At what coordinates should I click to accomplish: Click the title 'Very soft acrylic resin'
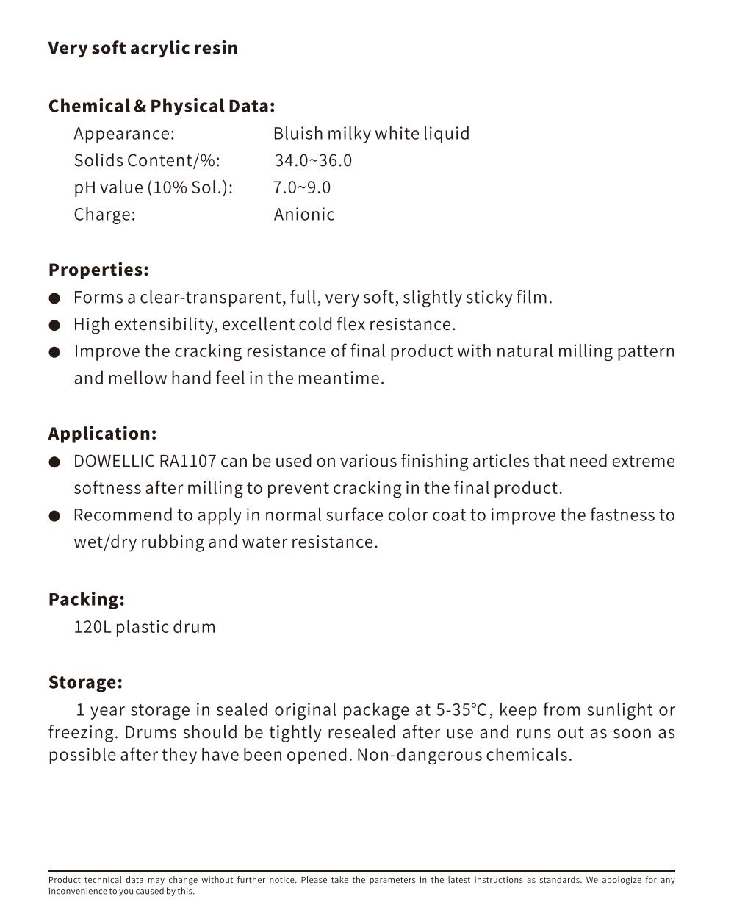[x=143, y=49]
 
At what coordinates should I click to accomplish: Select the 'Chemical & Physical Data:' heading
[x=162, y=106]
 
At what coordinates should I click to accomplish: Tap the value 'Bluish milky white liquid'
[x=371, y=133]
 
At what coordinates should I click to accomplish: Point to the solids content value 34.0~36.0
[x=313, y=160]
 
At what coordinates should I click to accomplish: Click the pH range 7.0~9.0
[x=302, y=187]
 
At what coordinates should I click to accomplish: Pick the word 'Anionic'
[x=304, y=215]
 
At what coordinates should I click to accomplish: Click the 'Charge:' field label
[x=104, y=215]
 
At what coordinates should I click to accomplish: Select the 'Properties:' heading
[x=98, y=270]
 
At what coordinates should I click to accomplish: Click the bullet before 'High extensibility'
[x=54, y=325]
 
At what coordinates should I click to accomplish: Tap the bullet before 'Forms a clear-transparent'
[x=54, y=298]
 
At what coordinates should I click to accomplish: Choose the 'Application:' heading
[x=102, y=434]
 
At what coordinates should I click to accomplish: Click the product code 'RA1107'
[x=187, y=462]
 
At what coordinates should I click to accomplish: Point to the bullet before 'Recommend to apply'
[x=54, y=516]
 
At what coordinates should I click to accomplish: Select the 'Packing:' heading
[x=86, y=600]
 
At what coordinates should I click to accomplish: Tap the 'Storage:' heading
[x=85, y=682]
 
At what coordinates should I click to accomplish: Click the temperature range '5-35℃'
[x=461, y=710]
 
